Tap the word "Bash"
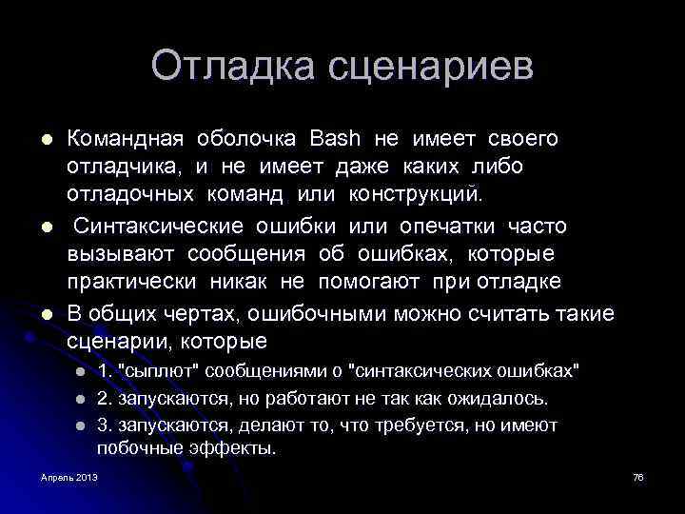(335, 139)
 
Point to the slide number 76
(638, 476)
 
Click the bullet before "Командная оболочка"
(45, 140)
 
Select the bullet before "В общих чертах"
(45, 313)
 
